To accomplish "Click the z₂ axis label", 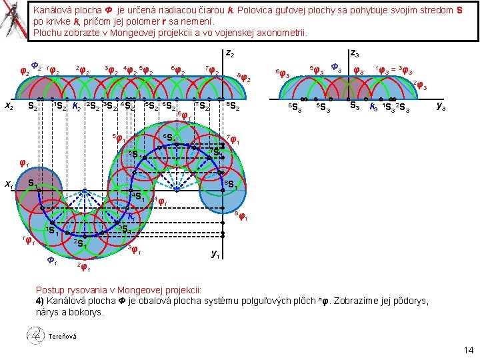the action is pyautogui.click(x=229, y=53).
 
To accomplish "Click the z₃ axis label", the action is pyautogui.click(x=355, y=53).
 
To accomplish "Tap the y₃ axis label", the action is pyautogui.click(x=441, y=105).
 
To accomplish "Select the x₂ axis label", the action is pyautogui.click(x=9, y=105).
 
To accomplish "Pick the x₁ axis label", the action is pyautogui.click(x=9, y=185).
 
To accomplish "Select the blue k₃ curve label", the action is pyautogui.click(x=374, y=106).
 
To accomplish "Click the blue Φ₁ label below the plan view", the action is pyautogui.click(x=51, y=261).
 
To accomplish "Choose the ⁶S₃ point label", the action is pyautogui.click(x=293, y=109).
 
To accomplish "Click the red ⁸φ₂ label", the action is pyautogui.click(x=245, y=78).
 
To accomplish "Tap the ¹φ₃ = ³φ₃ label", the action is pyautogui.click(x=395, y=69).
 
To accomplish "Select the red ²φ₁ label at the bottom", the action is pyautogui.click(x=84, y=268).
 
